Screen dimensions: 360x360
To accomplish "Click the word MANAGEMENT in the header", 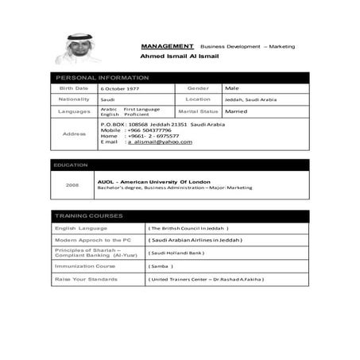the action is pos(167,47).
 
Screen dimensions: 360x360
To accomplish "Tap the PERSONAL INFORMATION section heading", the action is pos(101,77).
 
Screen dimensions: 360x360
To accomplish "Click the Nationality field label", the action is pos(73,99).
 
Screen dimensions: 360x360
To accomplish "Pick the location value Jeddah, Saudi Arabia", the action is pos(250,99).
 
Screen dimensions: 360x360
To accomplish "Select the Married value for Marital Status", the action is pos(238,112).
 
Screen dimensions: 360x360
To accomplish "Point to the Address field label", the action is pos(73,134).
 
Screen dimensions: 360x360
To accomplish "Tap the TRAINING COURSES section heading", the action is pos(88,215).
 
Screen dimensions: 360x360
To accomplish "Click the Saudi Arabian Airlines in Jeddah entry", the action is pos(195,239).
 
